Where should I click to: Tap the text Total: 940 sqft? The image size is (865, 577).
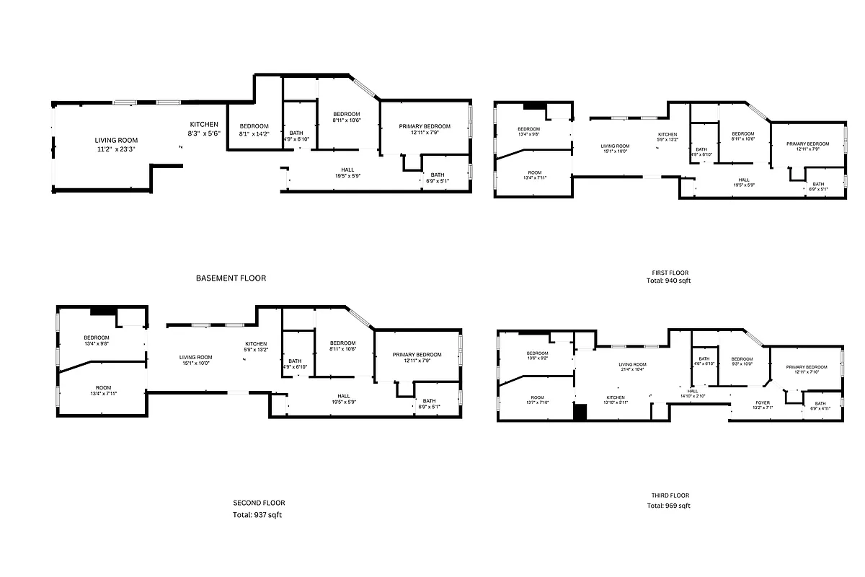(668, 281)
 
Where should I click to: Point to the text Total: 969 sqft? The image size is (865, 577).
(668, 506)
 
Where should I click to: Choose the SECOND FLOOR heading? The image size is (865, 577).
(253, 503)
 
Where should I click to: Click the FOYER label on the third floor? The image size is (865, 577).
(763, 402)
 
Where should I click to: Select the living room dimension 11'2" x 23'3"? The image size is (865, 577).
(116, 149)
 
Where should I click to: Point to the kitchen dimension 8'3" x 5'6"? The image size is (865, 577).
(204, 133)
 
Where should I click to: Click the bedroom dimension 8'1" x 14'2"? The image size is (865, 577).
(254, 133)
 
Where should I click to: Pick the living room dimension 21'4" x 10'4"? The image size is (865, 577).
(632, 369)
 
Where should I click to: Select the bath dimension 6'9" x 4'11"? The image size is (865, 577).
(820, 408)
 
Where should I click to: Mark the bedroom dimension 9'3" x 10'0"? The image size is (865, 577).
(742, 364)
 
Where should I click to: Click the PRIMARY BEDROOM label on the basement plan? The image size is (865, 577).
(425, 126)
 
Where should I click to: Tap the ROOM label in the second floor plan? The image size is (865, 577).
(102, 387)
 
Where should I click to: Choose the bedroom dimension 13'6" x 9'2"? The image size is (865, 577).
(537, 358)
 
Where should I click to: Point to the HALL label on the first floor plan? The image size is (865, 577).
(744, 180)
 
